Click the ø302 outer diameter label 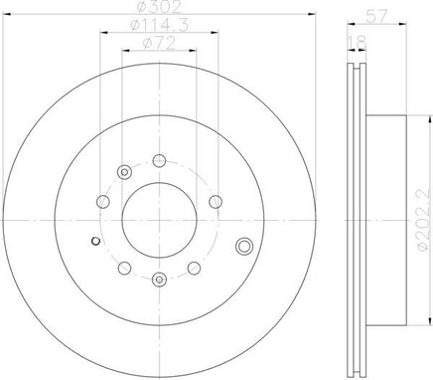coord(159,7)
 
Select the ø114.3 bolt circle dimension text coord(159,25)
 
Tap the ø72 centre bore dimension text coord(159,43)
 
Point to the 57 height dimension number coord(376,16)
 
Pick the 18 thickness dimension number coord(358,43)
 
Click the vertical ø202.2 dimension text coord(425,220)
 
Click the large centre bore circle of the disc coord(159,220)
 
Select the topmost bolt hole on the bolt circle coord(159,160)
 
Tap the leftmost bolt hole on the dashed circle coord(103,201)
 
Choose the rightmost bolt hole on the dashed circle coord(216,201)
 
